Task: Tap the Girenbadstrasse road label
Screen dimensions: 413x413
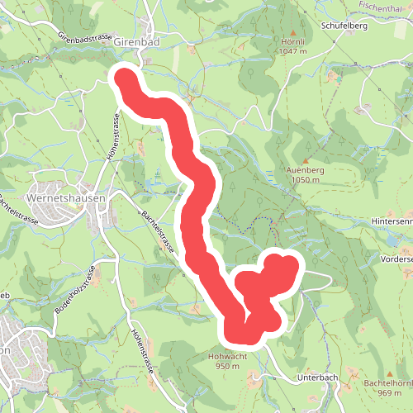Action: coord(84,38)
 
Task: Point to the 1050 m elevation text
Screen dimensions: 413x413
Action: coord(306,180)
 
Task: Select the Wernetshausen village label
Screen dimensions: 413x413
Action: coord(63,199)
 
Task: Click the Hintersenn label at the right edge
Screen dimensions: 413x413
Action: coord(392,222)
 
